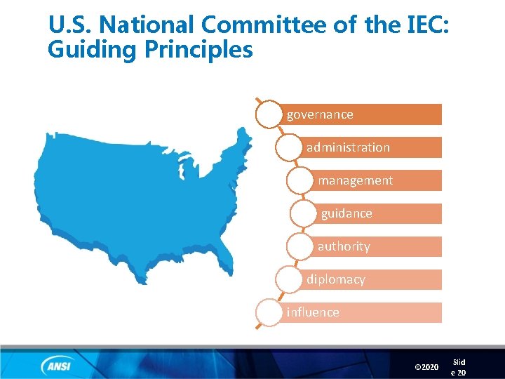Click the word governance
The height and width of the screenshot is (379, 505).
320,114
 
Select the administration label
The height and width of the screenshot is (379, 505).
348,147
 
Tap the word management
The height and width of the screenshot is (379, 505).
355,180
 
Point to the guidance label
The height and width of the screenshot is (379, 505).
346,213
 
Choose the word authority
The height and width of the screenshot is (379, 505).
343,246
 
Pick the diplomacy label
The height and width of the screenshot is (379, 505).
335,279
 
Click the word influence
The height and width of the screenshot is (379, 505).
313,312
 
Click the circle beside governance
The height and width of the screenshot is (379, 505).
269,114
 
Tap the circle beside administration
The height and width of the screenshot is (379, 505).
289,147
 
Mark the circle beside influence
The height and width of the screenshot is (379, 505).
269,312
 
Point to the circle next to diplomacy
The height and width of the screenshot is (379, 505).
289,279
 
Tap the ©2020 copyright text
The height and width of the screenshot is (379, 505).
426,367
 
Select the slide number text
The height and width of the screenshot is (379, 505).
459,367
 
